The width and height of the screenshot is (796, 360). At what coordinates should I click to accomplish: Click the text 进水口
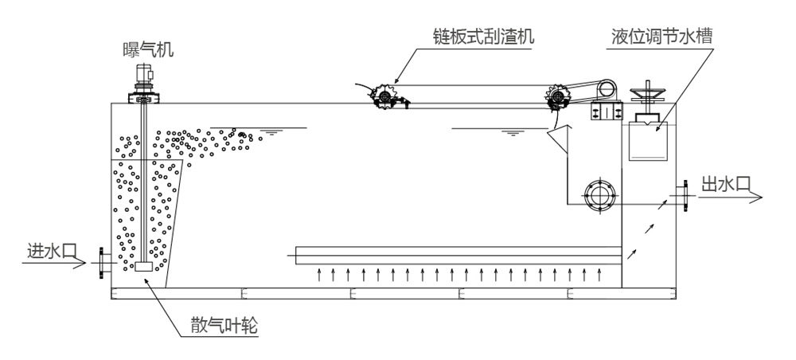pyautogui.click(x=49, y=251)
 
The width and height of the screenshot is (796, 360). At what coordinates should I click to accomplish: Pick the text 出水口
pyautogui.click(x=724, y=184)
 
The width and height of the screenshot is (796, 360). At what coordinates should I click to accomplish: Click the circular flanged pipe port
pyautogui.click(x=598, y=194)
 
